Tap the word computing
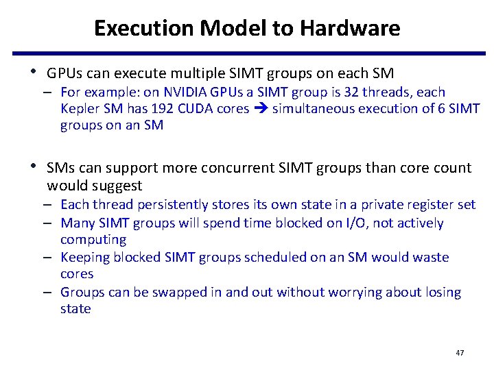(x=93, y=240)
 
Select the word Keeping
(x=84, y=258)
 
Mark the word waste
(x=431, y=258)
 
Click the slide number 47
(x=460, y=353)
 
